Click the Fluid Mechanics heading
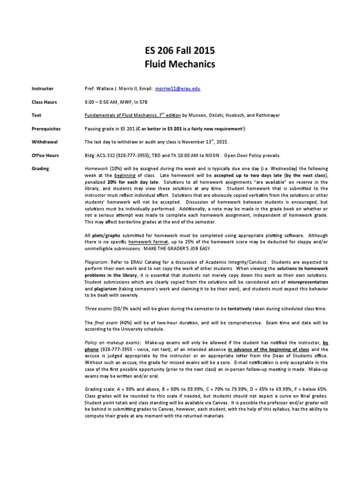(180, 64)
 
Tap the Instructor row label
(42, 88)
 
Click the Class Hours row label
(44, 101)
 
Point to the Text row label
(36, 115)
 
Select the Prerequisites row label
(45, 128)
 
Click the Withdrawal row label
(44, 142)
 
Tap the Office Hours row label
(45, 155)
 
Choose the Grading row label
(40, 169)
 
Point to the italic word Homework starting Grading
(96, 169)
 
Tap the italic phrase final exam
(103, 323)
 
